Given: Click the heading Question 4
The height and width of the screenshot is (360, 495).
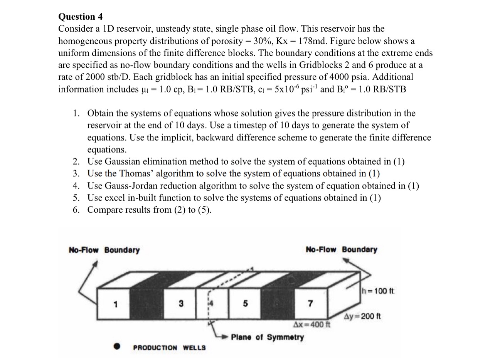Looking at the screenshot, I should pos(81,17).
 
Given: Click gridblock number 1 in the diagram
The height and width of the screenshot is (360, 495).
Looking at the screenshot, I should pos(114,304).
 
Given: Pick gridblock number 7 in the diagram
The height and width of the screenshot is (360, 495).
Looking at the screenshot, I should pos(311,304).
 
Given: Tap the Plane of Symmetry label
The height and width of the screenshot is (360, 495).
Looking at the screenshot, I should pos(268,337).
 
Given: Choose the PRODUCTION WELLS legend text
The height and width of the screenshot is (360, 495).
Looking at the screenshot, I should pos(169,348).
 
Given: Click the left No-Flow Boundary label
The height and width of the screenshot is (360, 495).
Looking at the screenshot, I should pos(104,250).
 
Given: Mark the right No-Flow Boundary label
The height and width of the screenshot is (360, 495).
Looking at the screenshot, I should pos(341,250).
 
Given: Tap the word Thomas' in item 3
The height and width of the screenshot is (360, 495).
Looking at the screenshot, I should pos(135,173).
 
